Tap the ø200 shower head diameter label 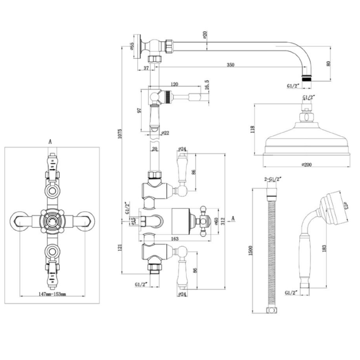pos(306,164)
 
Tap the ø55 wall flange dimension pos(132,47)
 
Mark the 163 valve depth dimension pos(175,239)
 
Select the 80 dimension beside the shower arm pos(329,63)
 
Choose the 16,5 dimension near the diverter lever pos(206,86)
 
